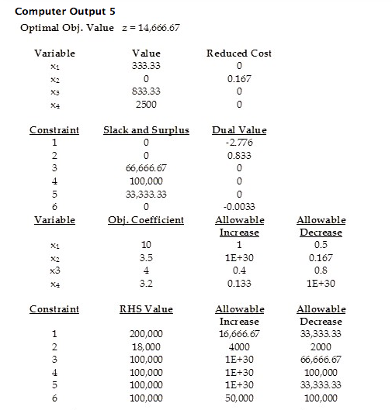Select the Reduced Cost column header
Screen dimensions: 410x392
coord(238,53)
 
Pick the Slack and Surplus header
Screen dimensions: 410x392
coord(146,130)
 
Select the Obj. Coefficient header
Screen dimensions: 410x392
coord(146,220)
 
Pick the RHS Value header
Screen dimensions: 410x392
coord(146,309)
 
